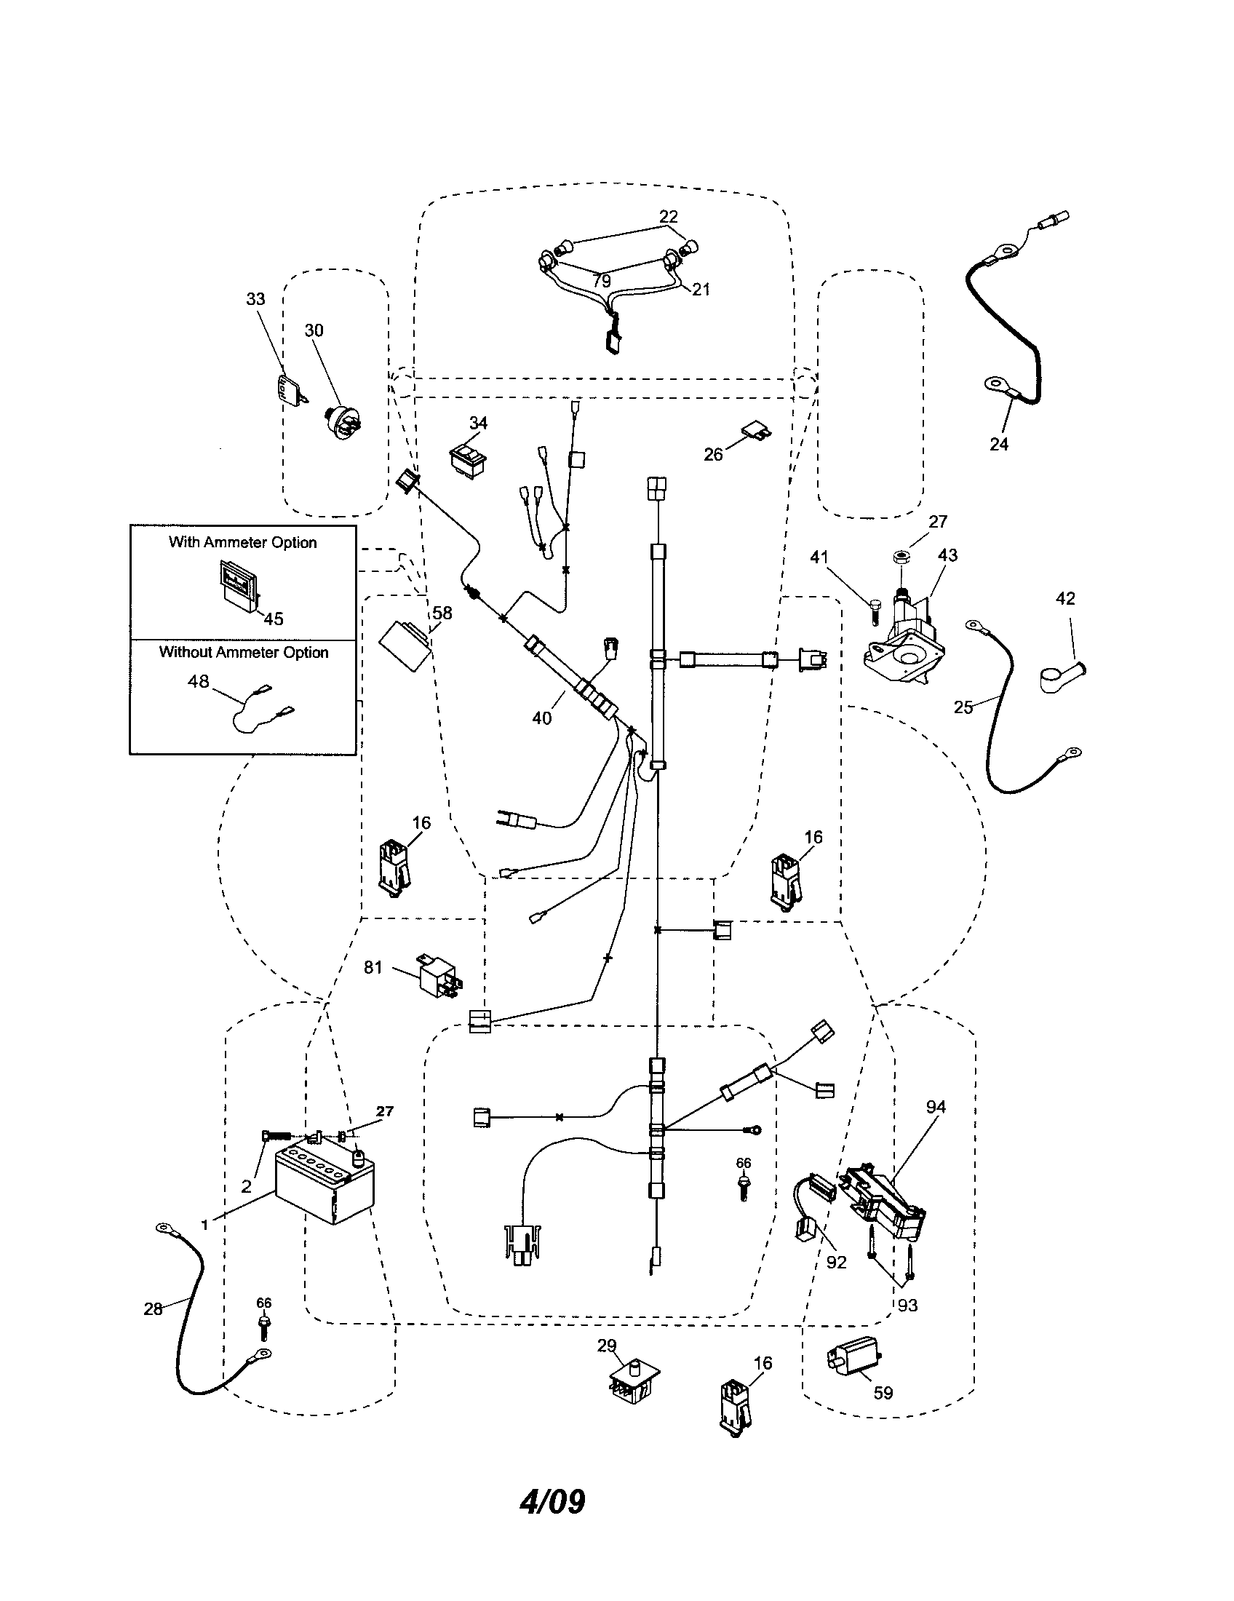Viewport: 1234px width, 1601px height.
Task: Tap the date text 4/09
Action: click(x=552, y=1502)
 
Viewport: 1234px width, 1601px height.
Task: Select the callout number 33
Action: click(x=255, y=299)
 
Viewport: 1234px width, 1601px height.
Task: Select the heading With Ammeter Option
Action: click(x=242, y=542)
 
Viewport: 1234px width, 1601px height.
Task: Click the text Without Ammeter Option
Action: click(x=243, y=653)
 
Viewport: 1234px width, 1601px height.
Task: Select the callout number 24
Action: click(x=999, y=443)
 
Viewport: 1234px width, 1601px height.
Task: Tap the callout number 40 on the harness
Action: click(x=541, y=718)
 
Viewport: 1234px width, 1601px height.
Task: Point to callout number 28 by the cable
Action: click(x=152, y=1308)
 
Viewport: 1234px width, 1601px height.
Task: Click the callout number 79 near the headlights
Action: click(x=601, y=281)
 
